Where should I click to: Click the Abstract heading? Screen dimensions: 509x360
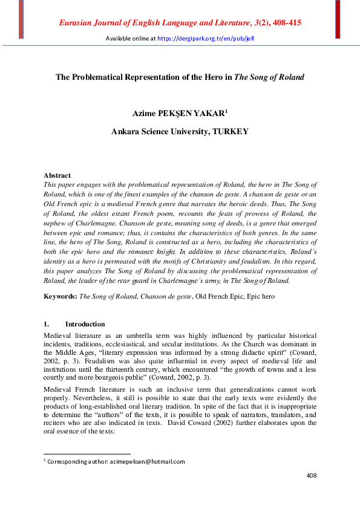[57, 175]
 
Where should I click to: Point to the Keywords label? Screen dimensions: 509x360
[61, 297]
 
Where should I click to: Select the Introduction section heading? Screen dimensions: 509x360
[85, 324]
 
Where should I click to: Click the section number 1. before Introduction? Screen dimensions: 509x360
[47, 324]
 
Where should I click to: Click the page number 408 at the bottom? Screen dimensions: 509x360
[312, 476]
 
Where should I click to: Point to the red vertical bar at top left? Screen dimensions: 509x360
[21, 19]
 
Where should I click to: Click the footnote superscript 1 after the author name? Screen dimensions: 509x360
[226, 111]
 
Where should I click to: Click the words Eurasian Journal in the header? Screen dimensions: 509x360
[91, 23]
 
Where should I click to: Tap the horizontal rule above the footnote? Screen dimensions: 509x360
[87, 453]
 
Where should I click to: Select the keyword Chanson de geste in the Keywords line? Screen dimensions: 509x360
[165, 297]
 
